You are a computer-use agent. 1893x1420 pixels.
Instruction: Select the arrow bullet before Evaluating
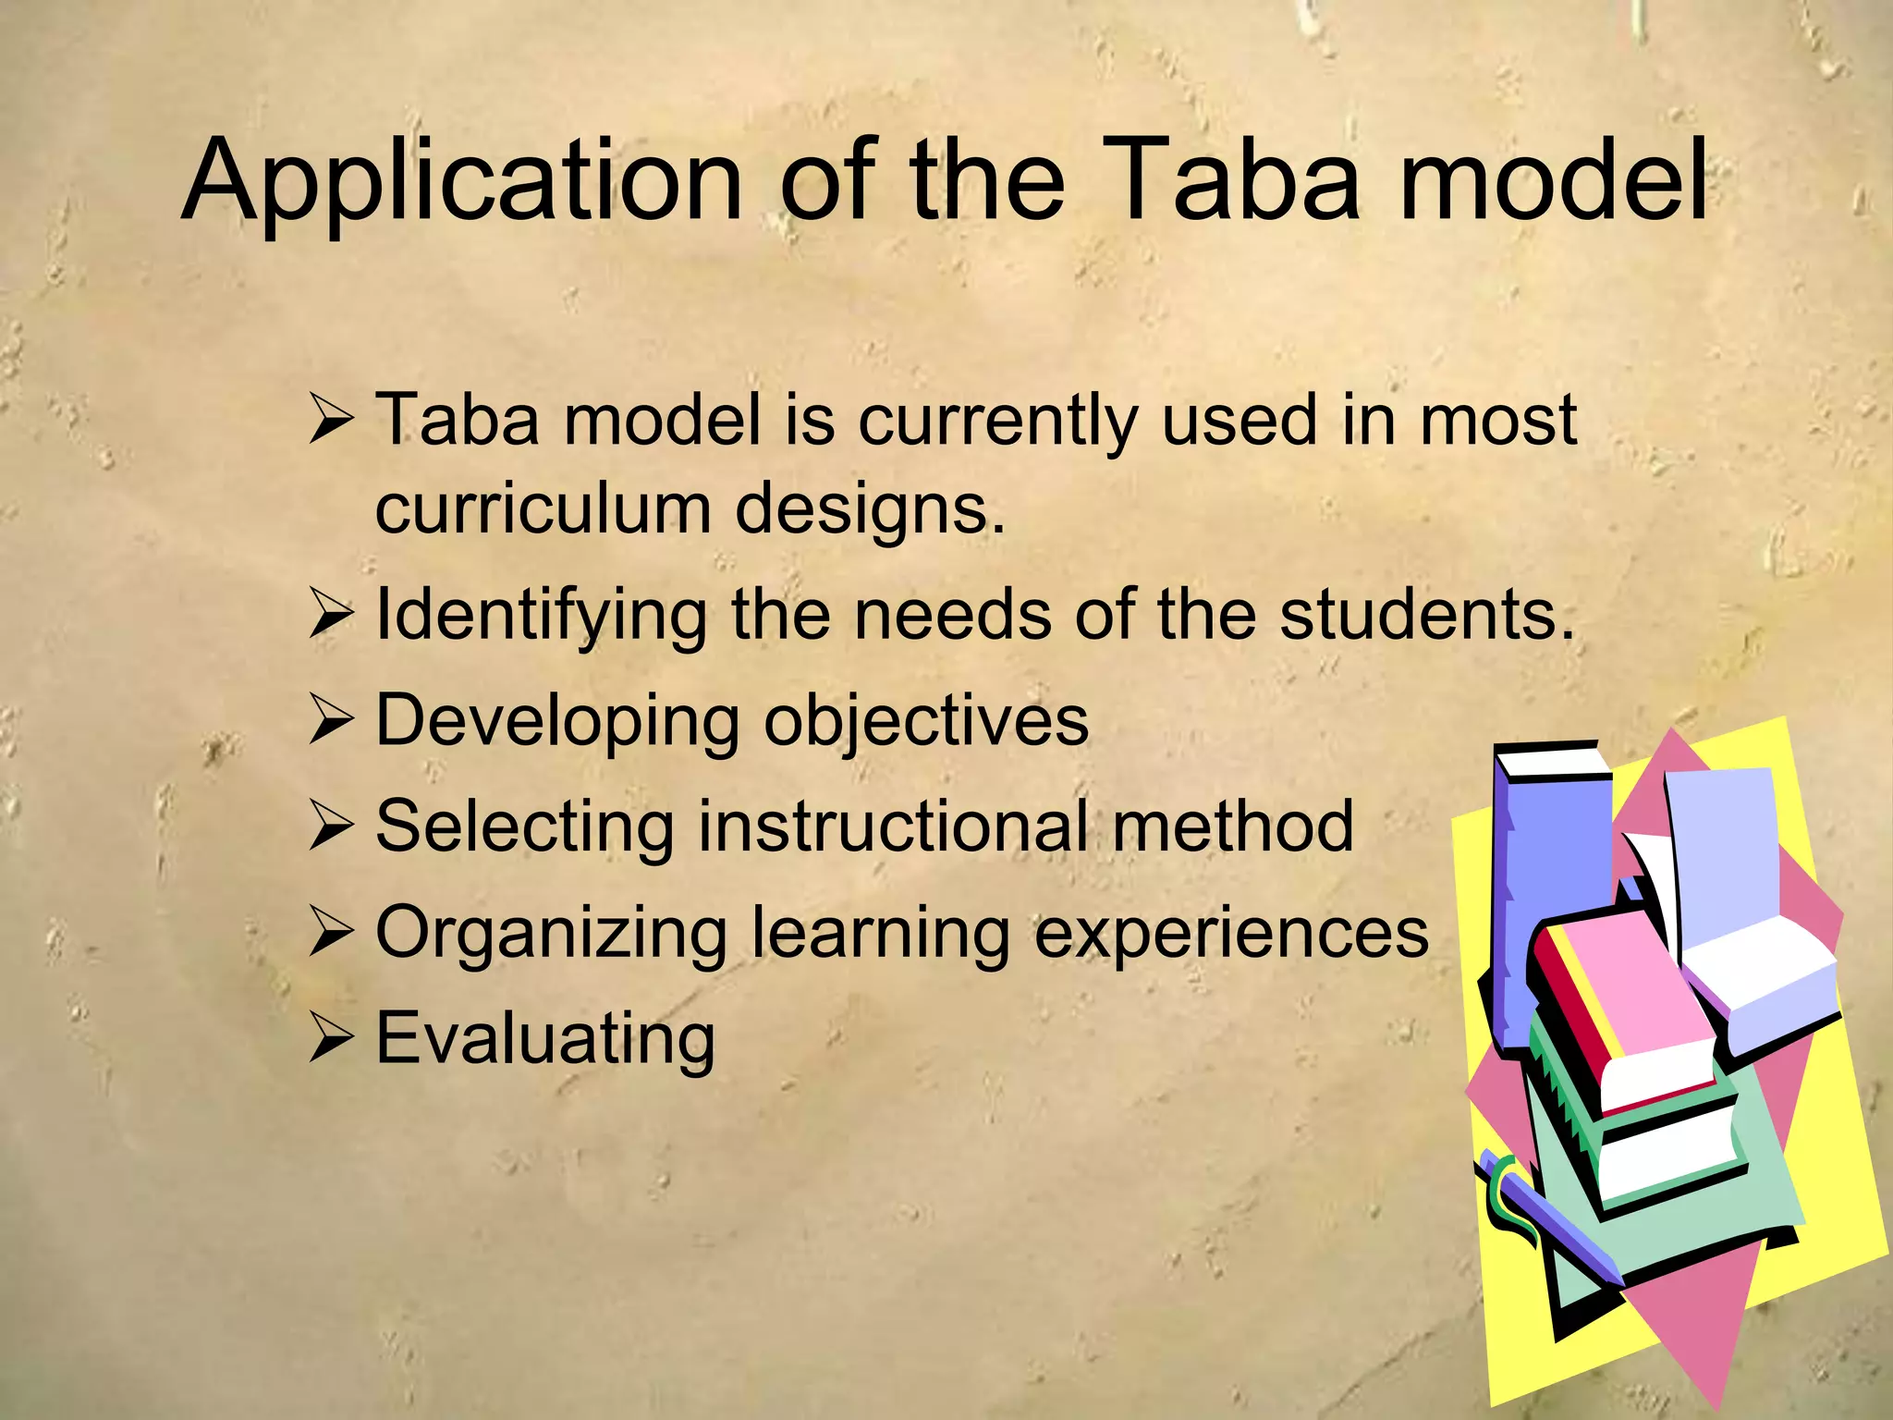point(331,1038)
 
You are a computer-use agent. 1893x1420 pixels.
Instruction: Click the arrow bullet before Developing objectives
point(331,721)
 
